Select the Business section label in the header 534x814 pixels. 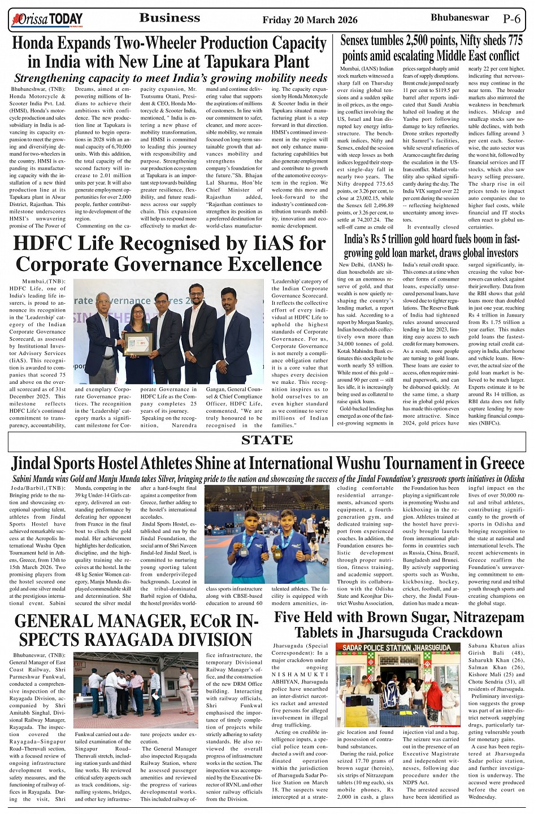(x=170, y=18)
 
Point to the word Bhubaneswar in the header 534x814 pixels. (x=459, y=17)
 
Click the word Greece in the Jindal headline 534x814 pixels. (x=495, y=463)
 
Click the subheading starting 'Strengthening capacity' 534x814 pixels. (x=170, y=78)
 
